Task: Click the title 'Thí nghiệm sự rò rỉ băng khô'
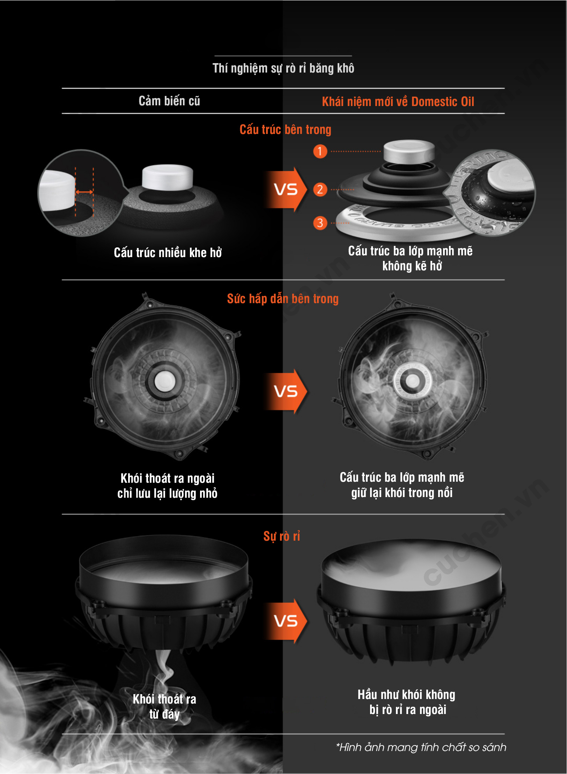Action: [x=283, y=68]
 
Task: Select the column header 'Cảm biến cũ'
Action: [x=169, y=101]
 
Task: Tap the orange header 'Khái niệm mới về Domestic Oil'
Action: [x=398, y=102]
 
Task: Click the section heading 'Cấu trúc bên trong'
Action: [x=285, y=129]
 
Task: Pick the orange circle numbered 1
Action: [x=320, y=151]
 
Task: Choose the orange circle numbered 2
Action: [x=320, y=189]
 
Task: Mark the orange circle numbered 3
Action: [x=320, y=223]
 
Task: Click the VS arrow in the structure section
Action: [x=286, y=189]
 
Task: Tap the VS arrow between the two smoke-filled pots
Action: [x=286, y=391]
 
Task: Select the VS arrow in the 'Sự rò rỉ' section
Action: [x=286, y=621]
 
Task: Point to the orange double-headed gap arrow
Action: [x=84, y=192]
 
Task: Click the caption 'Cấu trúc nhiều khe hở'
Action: [x=168, y=253]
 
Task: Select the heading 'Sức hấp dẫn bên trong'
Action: [x=283, y=299]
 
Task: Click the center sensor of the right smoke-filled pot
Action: [x=412, y=381]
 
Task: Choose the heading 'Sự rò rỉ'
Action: [x=282, y=536]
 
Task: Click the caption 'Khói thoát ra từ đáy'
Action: [x=164, y=706]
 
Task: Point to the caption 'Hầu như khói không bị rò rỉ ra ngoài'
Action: [x=407, y=702]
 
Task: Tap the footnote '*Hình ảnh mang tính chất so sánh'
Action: [x=421, y=747]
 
